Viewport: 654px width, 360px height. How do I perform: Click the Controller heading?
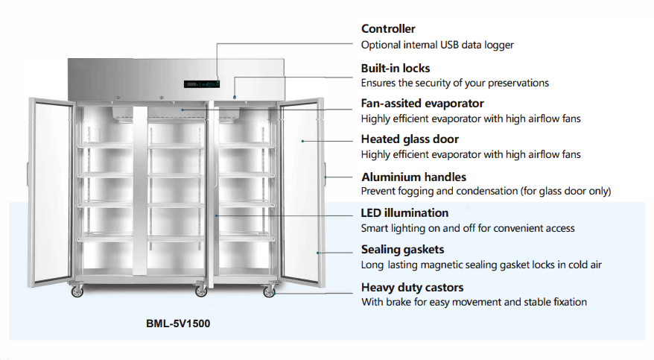pyautogui.click(x=388, y=29)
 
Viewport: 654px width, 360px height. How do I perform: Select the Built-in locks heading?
pyautogui.click(x=395, y=68)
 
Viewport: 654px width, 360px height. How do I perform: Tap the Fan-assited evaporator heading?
pyautogui.click(x=422, y=103)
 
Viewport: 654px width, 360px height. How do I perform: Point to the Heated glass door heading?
pyautogui.click(x=410, y=139)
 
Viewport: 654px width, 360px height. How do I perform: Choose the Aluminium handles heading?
pyautogui.click(x=413, y=177)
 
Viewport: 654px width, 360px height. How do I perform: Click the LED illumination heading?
pyautogui.click(x=404, y=213)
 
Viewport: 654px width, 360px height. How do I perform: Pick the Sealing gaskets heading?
pyautogui.click(x=402, y=250)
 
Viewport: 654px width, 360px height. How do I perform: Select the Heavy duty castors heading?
pyautogui.click(x=412, y=287)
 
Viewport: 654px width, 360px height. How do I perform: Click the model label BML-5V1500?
pyautogui.click(x=178, y=325)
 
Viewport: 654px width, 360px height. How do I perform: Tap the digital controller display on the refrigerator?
pyautogui.click(x=202, y=83)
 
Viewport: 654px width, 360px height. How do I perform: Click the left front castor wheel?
pyautogui.click(x=77, y=291)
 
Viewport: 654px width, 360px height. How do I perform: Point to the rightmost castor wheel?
pyautogui.click(x=269, y=291)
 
